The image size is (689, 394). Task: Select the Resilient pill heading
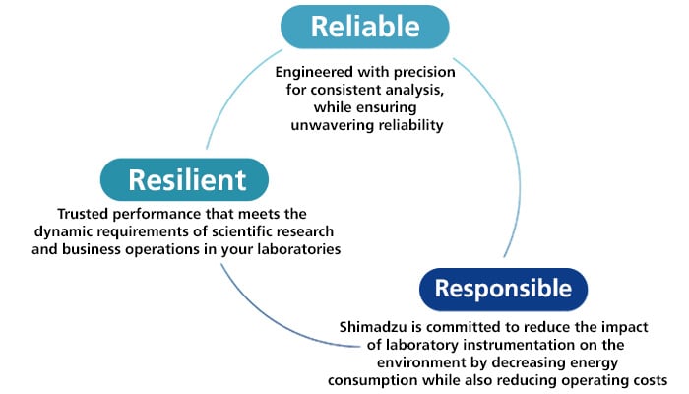(x=185, y=180)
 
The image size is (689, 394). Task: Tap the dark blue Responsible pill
(x=503, y=289)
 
